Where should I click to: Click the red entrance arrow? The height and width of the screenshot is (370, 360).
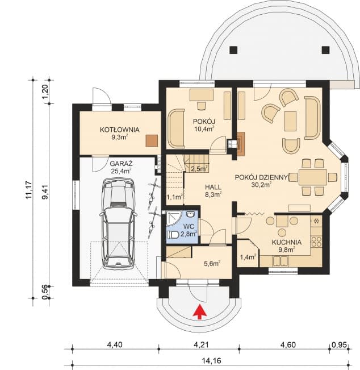tap(198, 311)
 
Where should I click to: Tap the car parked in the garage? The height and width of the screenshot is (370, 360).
tap(118, 222)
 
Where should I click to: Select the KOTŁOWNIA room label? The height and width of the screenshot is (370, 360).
tap(119, 130)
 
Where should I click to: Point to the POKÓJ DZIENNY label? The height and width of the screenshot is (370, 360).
tap(262, 176)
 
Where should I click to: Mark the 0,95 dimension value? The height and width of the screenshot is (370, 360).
tap(340, 344)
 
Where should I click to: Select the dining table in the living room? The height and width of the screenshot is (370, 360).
tap(312, 177)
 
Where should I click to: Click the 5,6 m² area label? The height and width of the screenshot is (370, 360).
tap(211, 263)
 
